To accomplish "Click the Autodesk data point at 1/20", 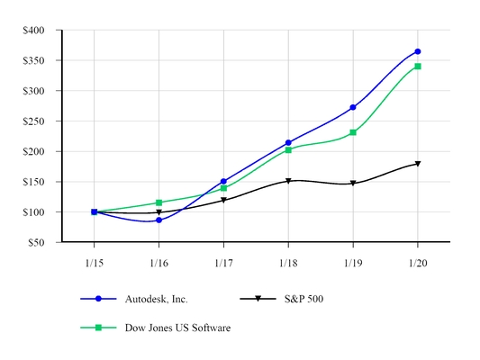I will (x=418, y=51).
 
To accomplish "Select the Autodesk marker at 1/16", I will (x=158, y=220).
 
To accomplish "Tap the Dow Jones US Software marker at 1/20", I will (x=418, y=67).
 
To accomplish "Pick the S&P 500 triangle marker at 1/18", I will (x=288, y=181).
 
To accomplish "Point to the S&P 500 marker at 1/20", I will (x=418, y=164).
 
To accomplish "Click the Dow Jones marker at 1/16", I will (x=158, y=202).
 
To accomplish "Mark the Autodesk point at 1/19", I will (x=353, y=107).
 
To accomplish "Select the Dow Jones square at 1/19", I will (x=353, y=132).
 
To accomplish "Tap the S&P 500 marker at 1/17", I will (x=223, y=201).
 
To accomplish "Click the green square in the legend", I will (x=101, y=328).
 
